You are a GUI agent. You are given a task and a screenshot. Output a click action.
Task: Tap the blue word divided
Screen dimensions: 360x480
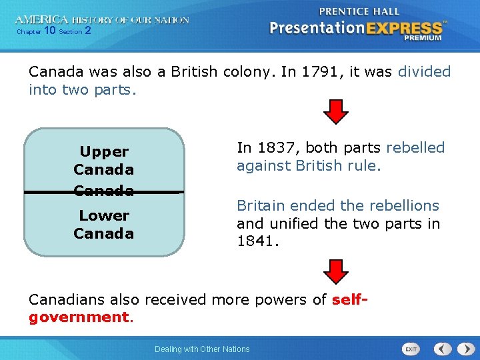424,71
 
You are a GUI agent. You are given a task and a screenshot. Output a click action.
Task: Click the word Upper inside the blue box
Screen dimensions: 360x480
104,152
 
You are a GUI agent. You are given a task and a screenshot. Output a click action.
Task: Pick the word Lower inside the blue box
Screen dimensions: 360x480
104,215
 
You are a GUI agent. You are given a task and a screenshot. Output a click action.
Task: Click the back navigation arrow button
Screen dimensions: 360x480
442,349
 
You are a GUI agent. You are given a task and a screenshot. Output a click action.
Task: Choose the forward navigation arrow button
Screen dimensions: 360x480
463,349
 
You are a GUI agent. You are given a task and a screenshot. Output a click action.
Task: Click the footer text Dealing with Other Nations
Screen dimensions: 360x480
202,349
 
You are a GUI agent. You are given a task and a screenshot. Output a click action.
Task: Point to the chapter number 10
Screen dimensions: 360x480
49,31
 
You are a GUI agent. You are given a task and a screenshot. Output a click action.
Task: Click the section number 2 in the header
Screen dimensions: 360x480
87,31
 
